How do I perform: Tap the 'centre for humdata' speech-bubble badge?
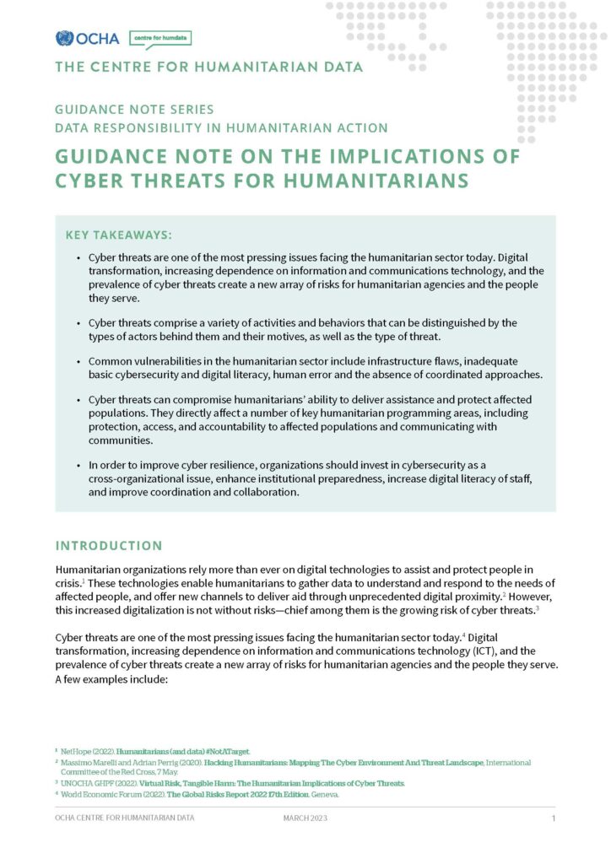pyautogui.click(x=160, y=38)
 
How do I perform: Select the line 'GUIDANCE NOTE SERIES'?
pyautogui.click(x=134, y=110)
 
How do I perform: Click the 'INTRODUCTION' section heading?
pyautogui.click(x=109, y=546)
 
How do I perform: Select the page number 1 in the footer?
pyautogui.click(x=554, y=818)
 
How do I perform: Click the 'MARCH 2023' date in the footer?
pyautogui.click(x=305, y=818)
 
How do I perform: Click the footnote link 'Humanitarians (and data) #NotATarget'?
pyautogui.click(x=183, y=750)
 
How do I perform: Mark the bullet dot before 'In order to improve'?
pyautogui.click(x=79, y=465)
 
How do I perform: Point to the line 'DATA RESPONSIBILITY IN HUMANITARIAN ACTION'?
pyautogui.click(x=221, y=128)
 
